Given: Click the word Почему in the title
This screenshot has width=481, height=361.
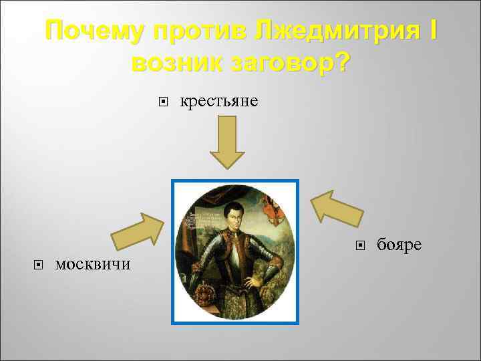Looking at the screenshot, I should (x=94, y=33).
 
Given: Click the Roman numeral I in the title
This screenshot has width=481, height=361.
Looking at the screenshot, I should (x=433, y=32).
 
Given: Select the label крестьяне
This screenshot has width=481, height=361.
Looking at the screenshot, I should (x=219, y=102).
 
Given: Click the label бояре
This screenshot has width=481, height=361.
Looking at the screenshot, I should (x=399, y=245).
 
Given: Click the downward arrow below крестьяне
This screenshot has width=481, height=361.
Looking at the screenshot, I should (x=228, y=144).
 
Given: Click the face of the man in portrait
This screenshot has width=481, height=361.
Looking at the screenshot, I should (x=236, y=216).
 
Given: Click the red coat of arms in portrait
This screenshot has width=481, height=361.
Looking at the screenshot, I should (x=270, y=207).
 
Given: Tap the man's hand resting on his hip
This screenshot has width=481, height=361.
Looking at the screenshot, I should (x=255, y=281).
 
